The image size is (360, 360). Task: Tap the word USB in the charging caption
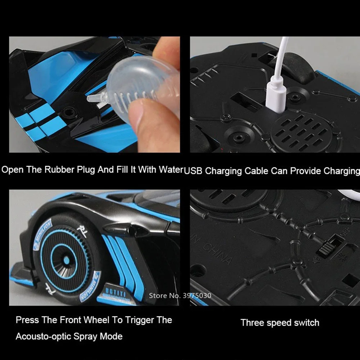(x=193, y=171)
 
